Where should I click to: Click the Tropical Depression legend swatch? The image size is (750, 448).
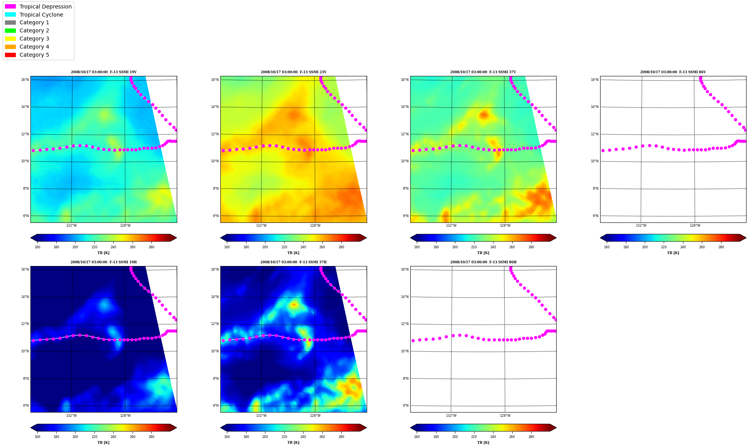pyautogui.click(x=10, y=7)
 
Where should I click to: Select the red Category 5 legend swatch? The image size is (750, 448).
pyautogui.click(x=10, y=55)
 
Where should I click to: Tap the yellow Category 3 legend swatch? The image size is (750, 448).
pyautogui.click(x=10, y=39)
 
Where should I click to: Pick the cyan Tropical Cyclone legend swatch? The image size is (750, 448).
pyautogui.click(x=10, y=15)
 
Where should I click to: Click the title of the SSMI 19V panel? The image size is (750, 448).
pyautogui.click(x=104, y=72)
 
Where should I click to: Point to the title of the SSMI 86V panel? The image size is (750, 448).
pyautogui.click(x=673, y=72)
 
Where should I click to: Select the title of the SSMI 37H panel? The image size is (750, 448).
pyautogui.click(x=294, y=262)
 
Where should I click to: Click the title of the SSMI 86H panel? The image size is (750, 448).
pyautogui.click(x=483, y=262)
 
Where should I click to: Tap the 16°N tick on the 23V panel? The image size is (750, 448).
pyautogui.click(x=215, y=80)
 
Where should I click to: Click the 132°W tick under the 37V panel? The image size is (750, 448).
pyautogui.click(x=451, y=226)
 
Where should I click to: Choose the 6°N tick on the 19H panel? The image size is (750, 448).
pyautogui.click(x=26, y=406)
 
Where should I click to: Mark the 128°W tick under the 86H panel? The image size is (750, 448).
pyautogui.click(x=505, y=416)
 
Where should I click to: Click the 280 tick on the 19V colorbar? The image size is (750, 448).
pyautogui.click(x=151, y=247)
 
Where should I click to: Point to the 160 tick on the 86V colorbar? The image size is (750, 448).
pyautogui.click(x=607, y=247)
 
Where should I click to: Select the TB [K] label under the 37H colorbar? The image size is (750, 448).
pyautogui.click(x=294, y=443)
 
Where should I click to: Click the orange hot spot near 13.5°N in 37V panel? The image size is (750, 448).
pyautogui.click(x=484, y=115)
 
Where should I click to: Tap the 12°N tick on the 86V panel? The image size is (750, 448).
pyautogui.click(x=595, y=134)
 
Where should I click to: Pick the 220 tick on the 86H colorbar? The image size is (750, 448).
pyautogui.click(x=474, y=437)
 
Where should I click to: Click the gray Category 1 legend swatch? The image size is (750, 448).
pyautogui.click(x=10, y=22)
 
